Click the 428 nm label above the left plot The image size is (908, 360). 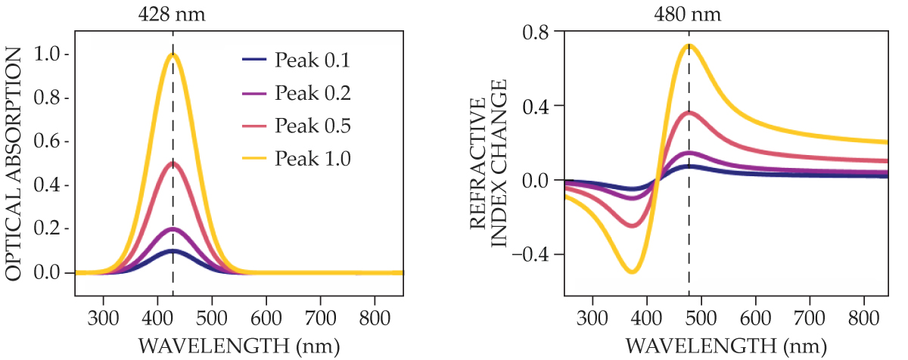click(173, 14)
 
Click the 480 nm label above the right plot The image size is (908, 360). click(689, 14)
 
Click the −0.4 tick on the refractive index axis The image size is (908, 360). click(533, 254)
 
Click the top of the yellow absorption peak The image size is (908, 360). click(173, 54)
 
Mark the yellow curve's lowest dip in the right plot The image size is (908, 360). click(632, 272)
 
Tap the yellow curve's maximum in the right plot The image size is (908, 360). click(689, 45)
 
